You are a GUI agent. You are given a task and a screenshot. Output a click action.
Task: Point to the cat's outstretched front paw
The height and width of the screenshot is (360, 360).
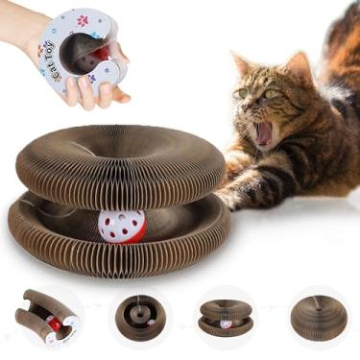pos(230,197)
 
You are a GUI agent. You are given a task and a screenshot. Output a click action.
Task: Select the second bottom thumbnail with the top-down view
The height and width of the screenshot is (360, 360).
pos(138,318)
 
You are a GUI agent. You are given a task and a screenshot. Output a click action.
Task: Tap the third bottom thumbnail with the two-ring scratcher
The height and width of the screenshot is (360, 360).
pos(227,318)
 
